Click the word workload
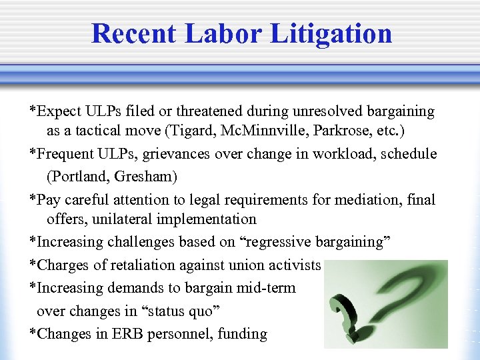pyautogui.click(x=337, y=154)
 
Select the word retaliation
pyautogui.click(x=136, y=265)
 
